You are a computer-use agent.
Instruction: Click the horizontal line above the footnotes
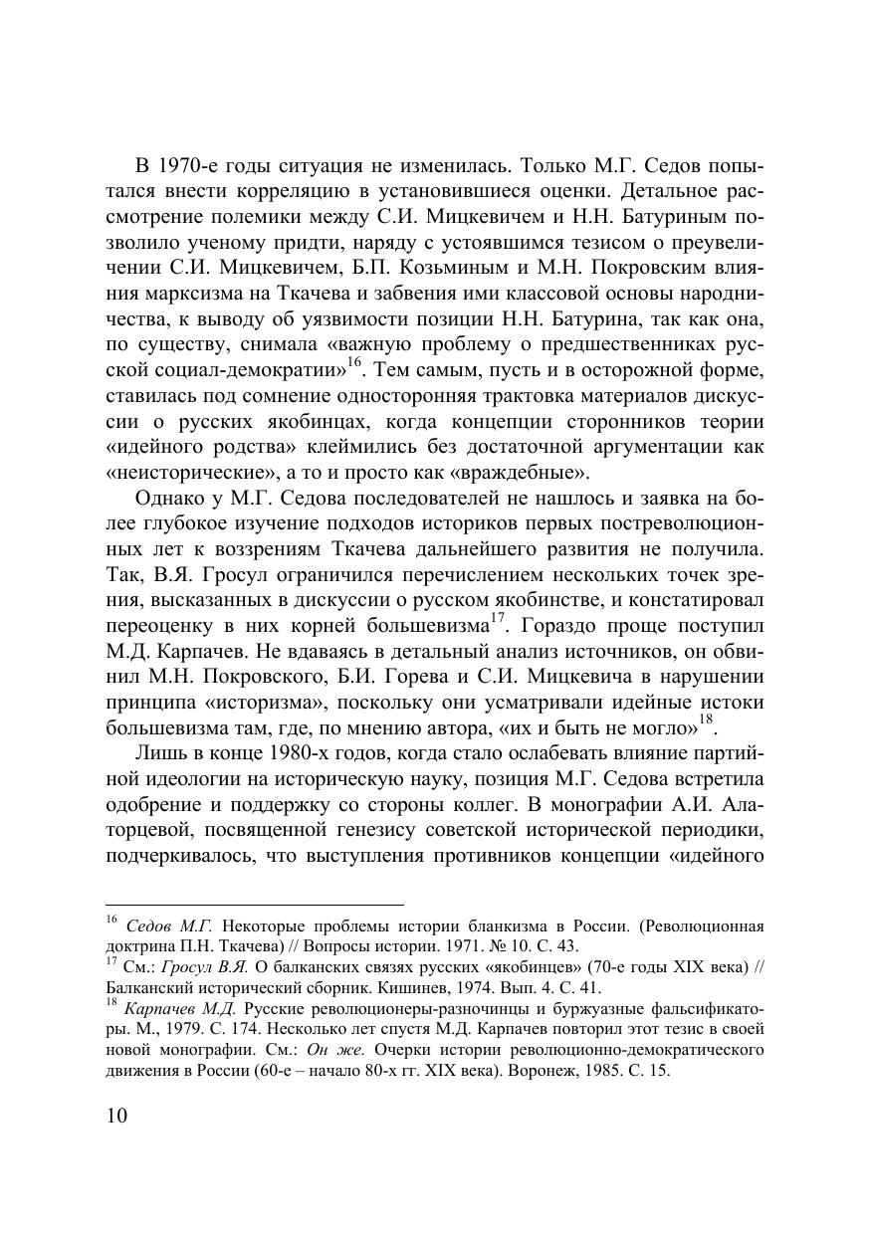click(254, 906)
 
